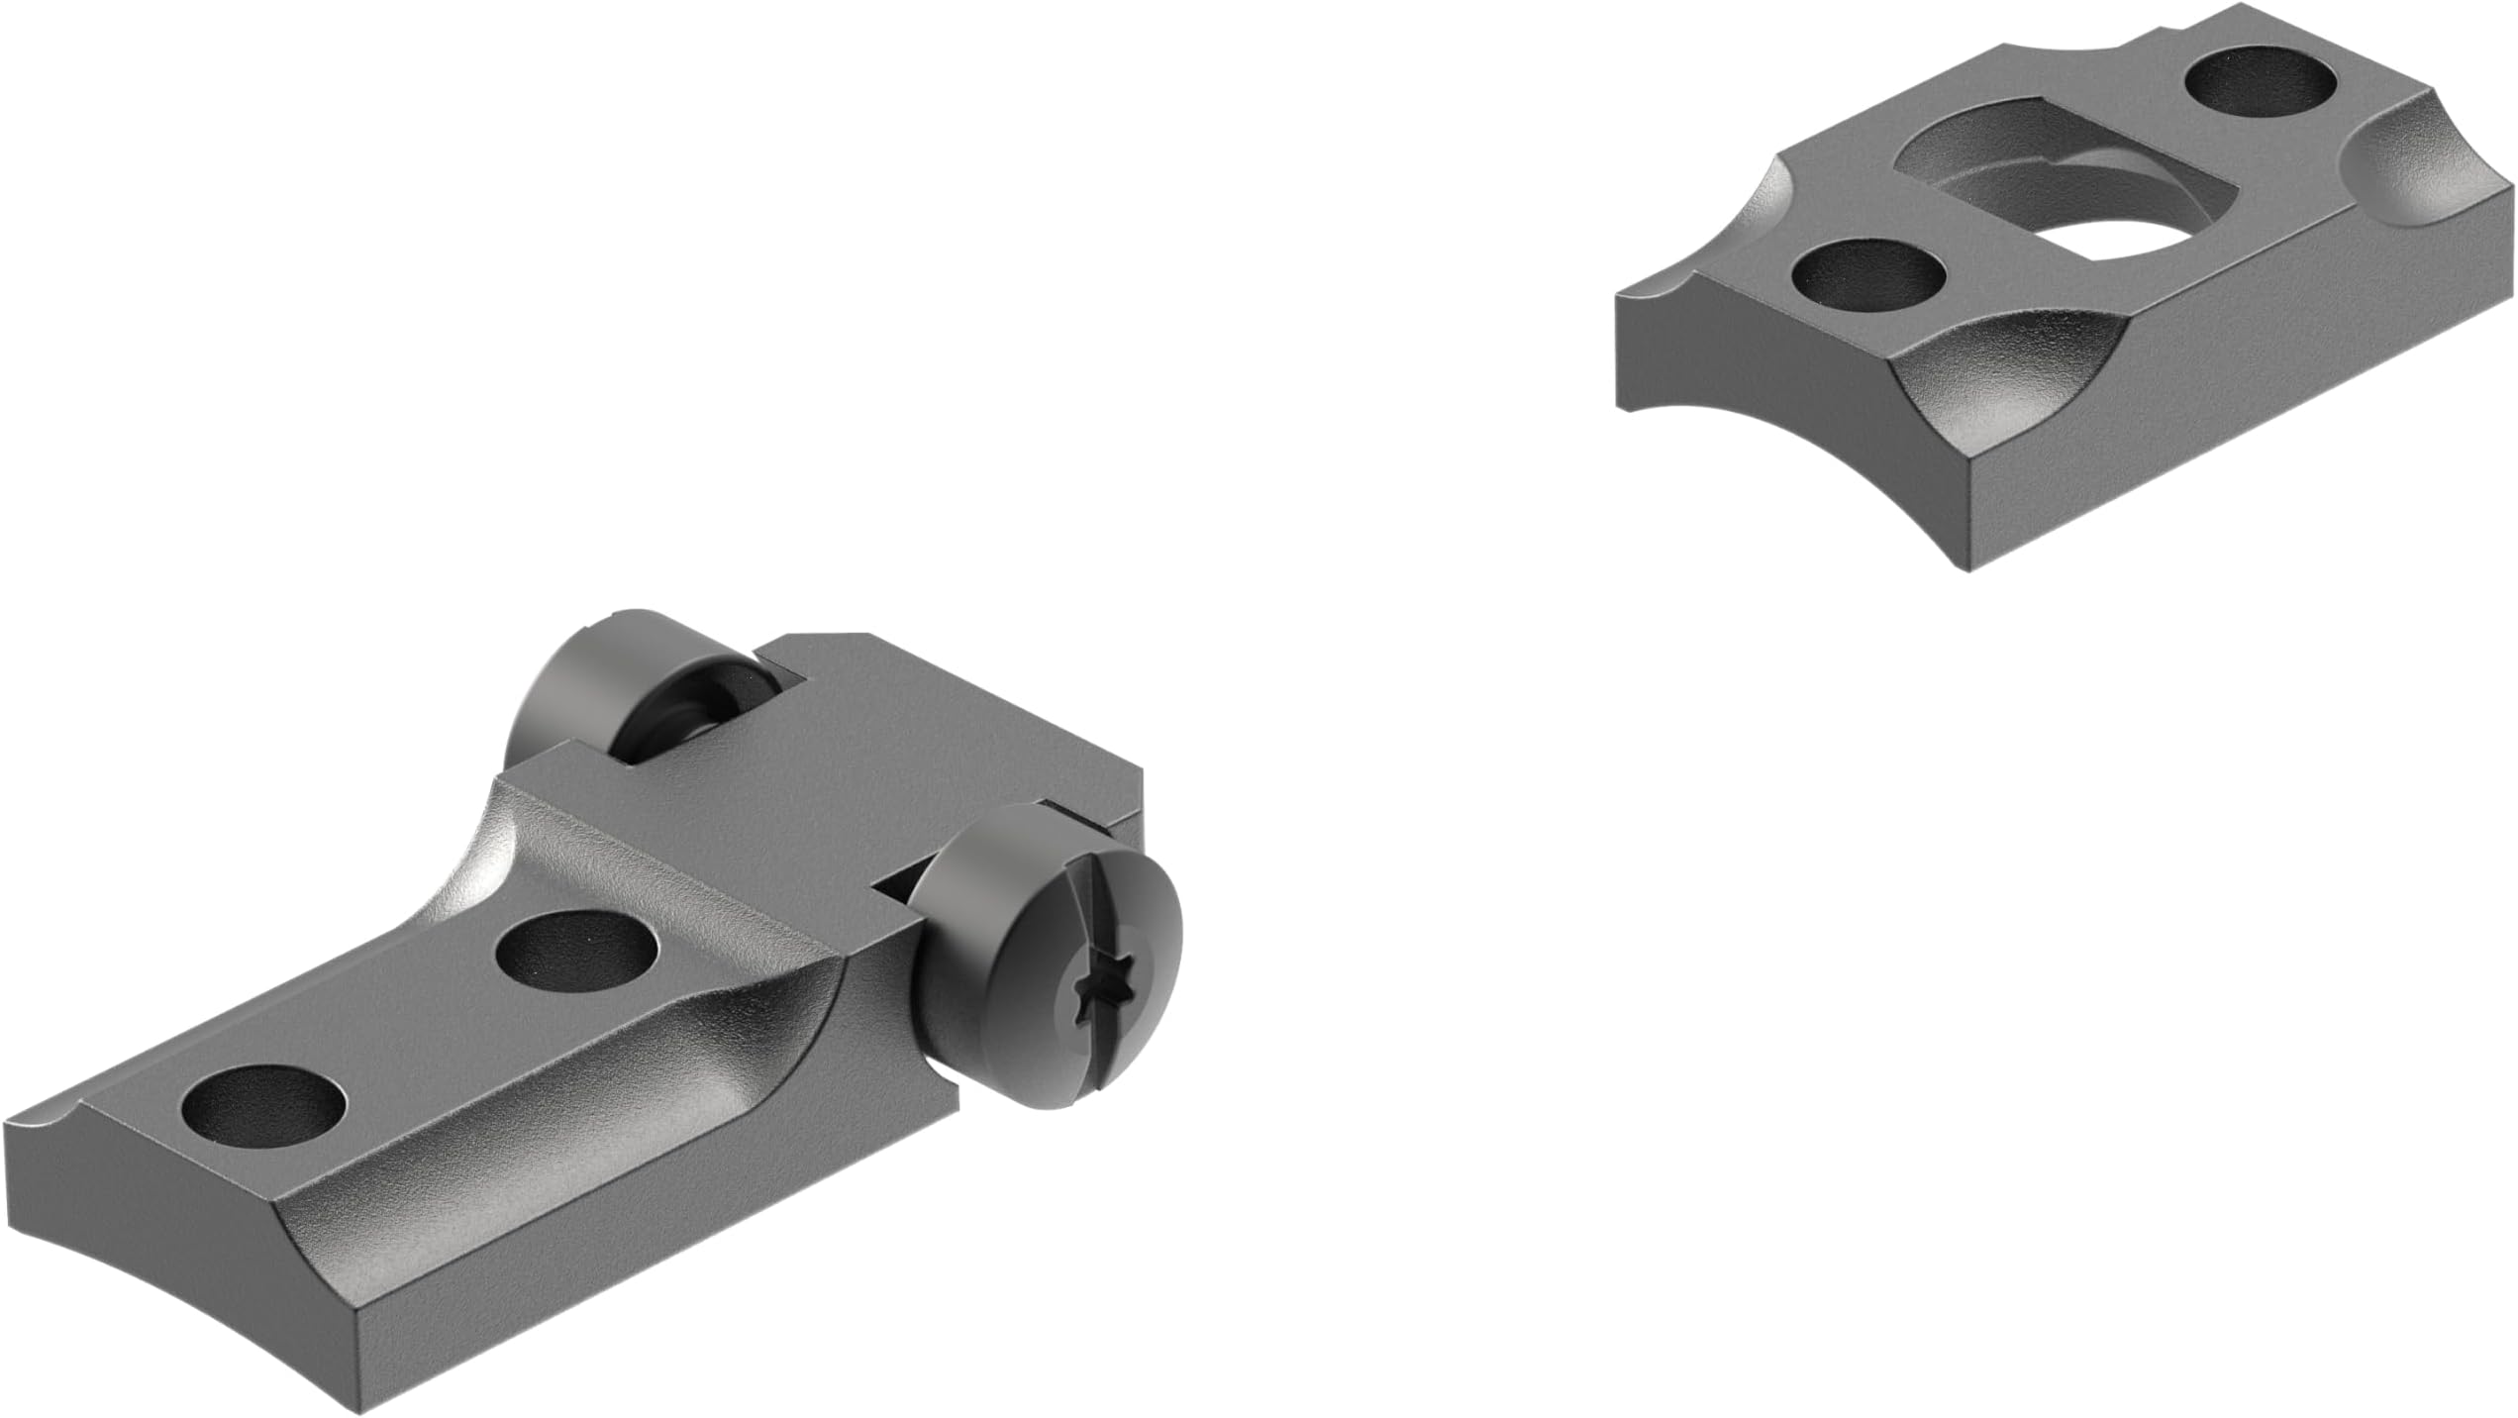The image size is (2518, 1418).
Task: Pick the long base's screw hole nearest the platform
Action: point(578,957)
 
